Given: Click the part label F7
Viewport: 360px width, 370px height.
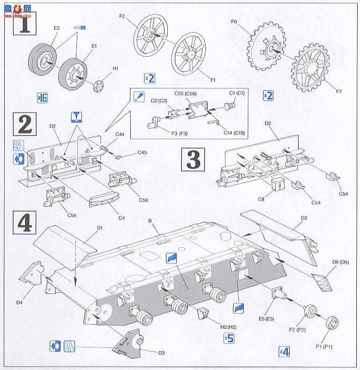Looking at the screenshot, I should point(338,91).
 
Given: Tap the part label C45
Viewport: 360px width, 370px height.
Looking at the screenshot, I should point(142,153).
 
